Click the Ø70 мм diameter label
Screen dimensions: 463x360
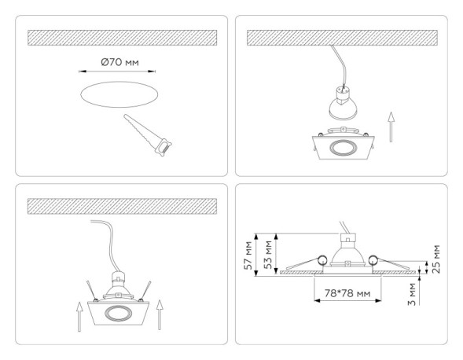tap(120, 62)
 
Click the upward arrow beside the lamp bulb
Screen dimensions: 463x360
tap(391, 127)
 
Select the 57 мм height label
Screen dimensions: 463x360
tap(248, 255)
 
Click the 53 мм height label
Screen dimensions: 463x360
tap(268, 255)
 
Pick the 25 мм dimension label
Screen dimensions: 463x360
tap(435, 259)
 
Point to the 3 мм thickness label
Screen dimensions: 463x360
tap(411, 294)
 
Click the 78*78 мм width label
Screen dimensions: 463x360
tap(347, 293)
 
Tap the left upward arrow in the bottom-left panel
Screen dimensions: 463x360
tap(79, 317)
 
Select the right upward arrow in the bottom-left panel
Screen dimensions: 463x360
tap(160, 315)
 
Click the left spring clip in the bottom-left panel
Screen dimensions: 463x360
tap(91, 291)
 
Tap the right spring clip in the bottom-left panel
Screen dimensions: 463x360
tap(146, 291)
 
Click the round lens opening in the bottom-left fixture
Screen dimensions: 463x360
tap(118, 313)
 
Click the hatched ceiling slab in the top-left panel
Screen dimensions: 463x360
tap(123, 38)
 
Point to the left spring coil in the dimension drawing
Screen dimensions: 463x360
tap(322, 259)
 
